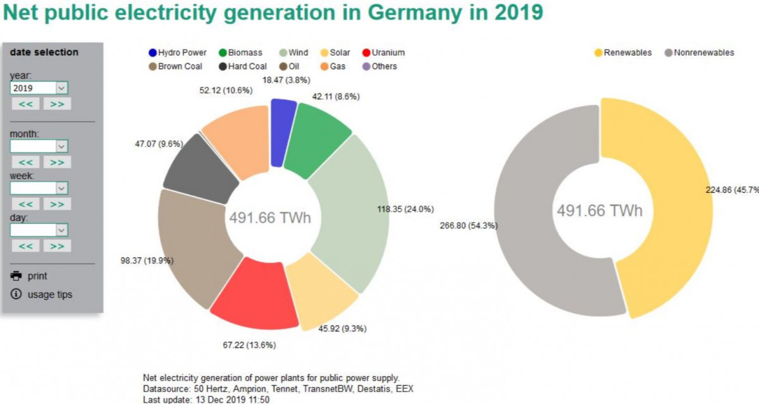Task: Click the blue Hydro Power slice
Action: point(282,132)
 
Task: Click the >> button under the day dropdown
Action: point(57,246)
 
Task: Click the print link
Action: point(37,276)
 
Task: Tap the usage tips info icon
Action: point(16,295)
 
